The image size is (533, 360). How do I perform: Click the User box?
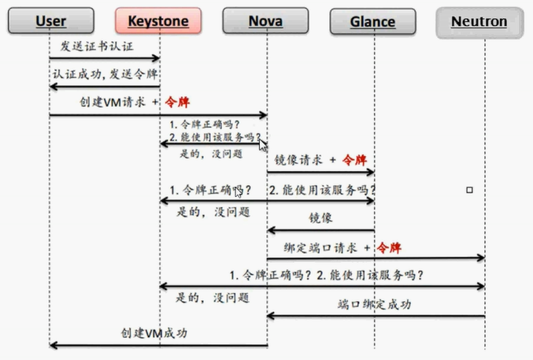pos(51,20)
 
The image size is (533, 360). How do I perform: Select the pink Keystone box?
pos(158,20)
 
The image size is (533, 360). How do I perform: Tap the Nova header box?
pos(265,20)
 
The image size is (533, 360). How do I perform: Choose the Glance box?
pos(373,21)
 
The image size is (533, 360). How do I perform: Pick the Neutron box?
pos(479,23)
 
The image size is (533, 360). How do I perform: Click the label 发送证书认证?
pos(97,46)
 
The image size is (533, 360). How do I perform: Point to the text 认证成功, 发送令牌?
pos(105,74)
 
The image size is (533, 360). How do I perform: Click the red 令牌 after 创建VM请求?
pos(177,102)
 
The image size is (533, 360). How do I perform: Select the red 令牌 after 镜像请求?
pos(354,160)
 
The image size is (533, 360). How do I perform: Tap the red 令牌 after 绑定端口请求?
pos(389,248)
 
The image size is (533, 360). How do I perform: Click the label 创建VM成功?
pos(154,332)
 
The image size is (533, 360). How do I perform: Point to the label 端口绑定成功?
pos(374,304)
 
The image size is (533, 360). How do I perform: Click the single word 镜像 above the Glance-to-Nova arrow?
pos(320,217)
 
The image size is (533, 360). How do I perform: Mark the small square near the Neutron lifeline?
pos(469,190)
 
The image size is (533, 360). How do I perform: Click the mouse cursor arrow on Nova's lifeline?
pos(263,145)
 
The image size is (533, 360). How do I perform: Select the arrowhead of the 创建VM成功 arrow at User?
pos(54,346)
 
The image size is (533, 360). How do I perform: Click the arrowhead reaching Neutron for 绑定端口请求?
pos(481,258)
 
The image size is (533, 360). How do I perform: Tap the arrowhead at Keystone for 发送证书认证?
pos(156,58)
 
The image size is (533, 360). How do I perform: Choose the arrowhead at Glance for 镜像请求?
pos(370,173)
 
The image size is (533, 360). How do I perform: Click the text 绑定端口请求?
pos(320,248)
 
